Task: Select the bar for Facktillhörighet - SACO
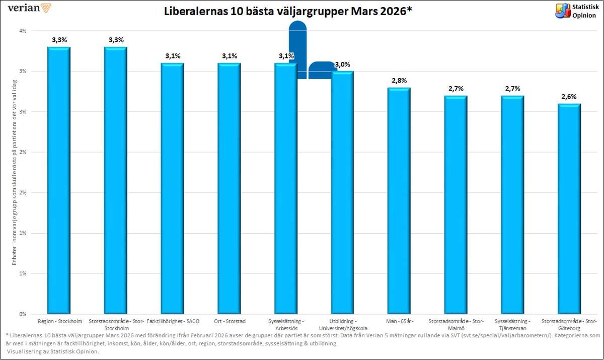tap(172, 188)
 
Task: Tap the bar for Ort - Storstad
tap(229, 188)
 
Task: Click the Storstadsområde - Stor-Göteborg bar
tap(569, 208)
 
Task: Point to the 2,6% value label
tap(569, 96)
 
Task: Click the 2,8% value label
tap(399, 81)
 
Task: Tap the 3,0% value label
tap(342, 64)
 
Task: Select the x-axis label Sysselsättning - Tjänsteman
tap(512, 324)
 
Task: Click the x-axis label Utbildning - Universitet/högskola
tap(342, 324)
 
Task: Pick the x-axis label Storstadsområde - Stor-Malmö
tap(456, 324)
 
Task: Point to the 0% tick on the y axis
tap(23, 314)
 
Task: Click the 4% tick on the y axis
tap(23, 31)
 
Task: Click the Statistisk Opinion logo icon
tap(562, 11)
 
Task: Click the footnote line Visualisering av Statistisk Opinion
tap(52, 351)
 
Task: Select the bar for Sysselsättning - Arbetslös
tap(286, 188)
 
